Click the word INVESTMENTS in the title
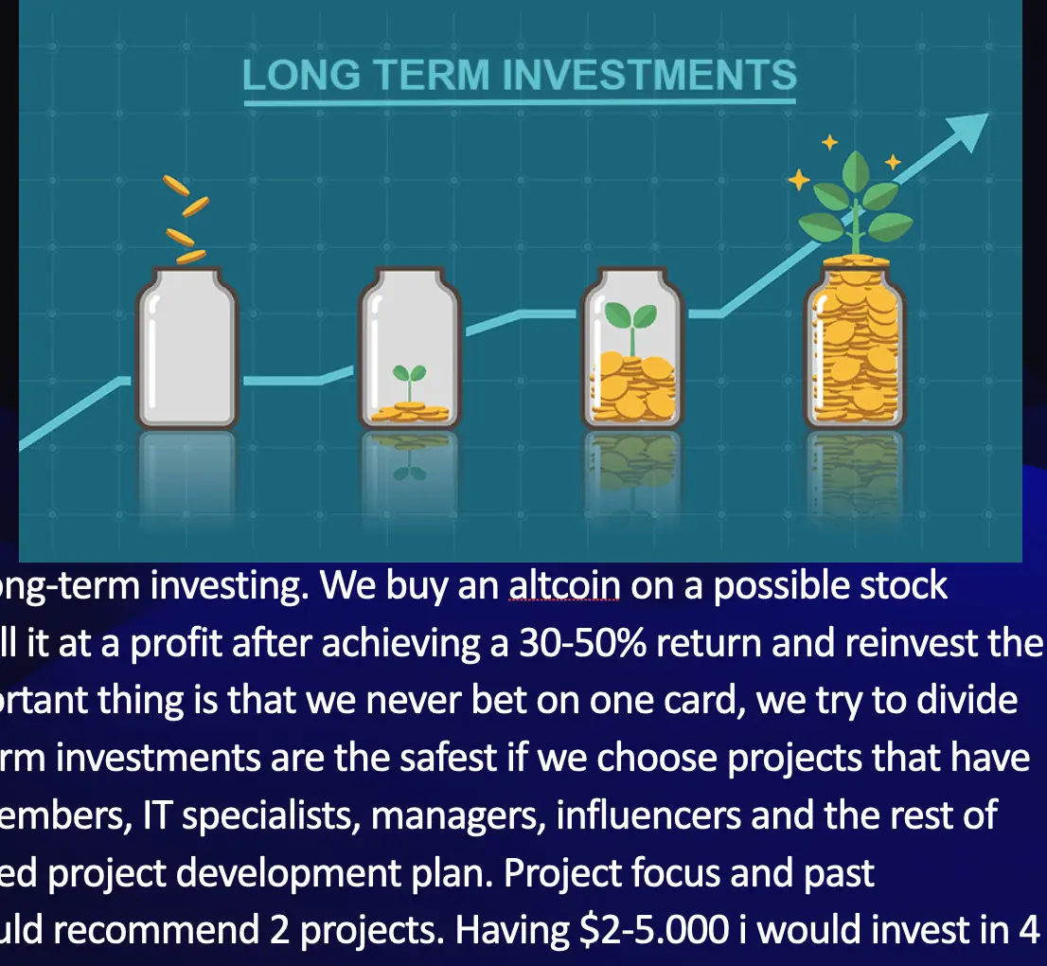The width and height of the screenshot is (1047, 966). pyautogui.click(x=649, y=74)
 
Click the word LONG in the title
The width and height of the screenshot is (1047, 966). pyautogui.click(x=301, y=74)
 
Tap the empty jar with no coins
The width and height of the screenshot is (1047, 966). pyautogui.click(x=187, y=348)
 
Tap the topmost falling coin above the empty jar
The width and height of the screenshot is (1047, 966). pyautogui.click(x=176, y=185)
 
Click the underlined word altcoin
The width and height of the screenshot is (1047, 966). pyautogui.click(x=564, y=586)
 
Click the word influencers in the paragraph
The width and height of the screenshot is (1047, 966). pyautogui.click(x=648, y=815)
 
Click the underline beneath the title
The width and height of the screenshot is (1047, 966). pyautogui.click(x=520, y=102)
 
